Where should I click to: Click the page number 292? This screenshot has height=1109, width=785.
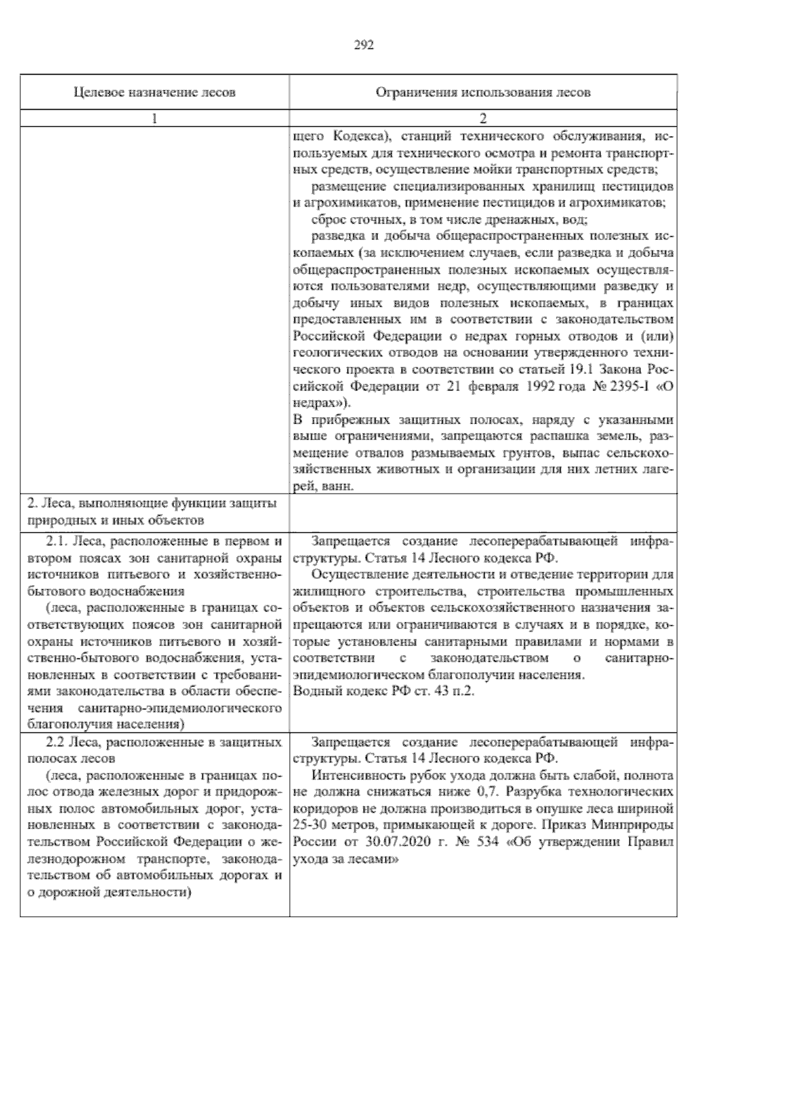(x=364, y=45)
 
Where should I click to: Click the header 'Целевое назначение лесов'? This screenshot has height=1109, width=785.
(x=154, y=92)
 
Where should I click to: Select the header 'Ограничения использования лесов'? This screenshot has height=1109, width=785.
(x=483, y=92)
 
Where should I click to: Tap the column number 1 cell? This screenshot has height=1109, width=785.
(x=154, y=118)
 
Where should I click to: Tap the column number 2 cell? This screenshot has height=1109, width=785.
(x=483, y=118)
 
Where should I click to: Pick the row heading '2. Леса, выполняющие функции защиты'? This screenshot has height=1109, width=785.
(x=152, y=503)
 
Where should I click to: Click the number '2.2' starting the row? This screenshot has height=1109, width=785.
(x=56, y=743)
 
